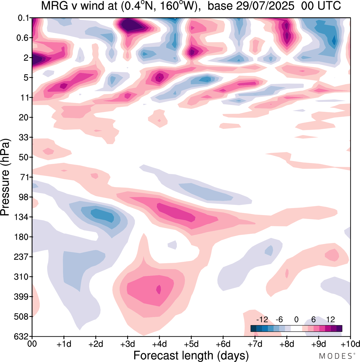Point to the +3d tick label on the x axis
point(127,344)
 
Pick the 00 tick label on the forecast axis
point(32,344)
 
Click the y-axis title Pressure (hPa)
point(5,177)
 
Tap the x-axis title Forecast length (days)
point(191,355)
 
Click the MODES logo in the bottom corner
point(335,356)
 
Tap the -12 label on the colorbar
point(262,319)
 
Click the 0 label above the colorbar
point(296,319)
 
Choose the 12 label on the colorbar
point(330,319)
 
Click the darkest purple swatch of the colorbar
point(339,329)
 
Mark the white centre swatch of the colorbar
point(296,329)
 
